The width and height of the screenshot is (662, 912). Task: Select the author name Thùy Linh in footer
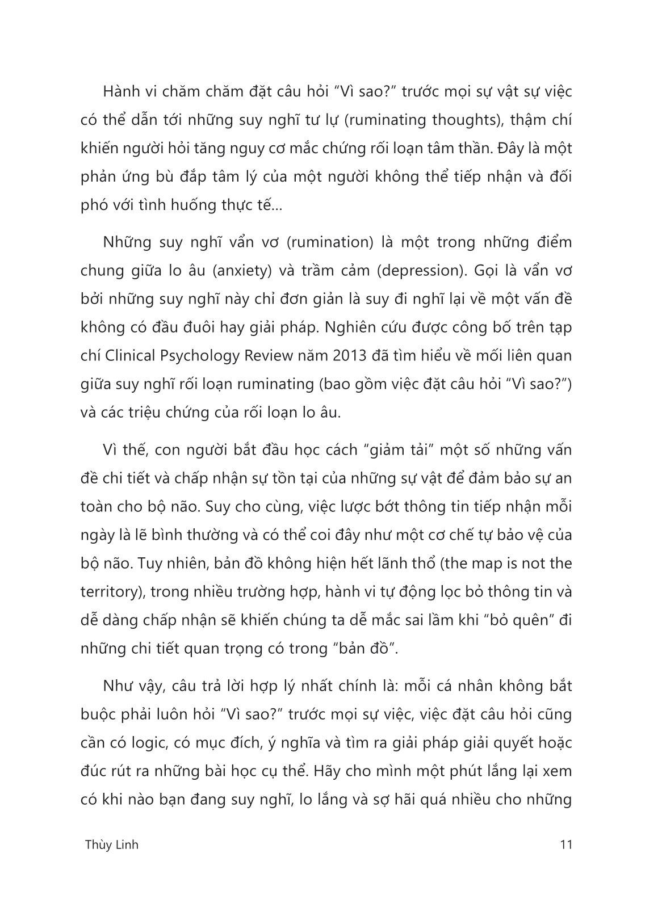[111, 844]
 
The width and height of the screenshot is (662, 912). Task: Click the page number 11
[565, 844]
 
